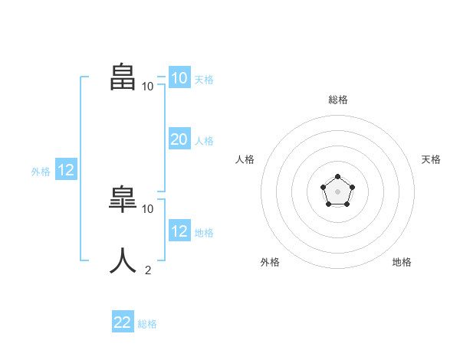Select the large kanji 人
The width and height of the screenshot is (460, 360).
(x=123, y=260)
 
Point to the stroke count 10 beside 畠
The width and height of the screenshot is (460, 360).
(x=147, y=87)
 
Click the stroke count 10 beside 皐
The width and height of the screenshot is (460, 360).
(x=148, y=208)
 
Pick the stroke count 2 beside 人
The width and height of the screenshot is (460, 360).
(x=148, y=270)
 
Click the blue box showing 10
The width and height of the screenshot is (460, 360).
(x=179, y=78)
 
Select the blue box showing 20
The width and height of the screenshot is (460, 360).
(x=179, y=139)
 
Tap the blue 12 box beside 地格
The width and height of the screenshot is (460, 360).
(x=179, y=231)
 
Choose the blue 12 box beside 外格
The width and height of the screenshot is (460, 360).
(x=66, y=170)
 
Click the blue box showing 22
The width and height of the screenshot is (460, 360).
(x=123, y=322)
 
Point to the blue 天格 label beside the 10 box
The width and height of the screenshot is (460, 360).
(x=204, y=80)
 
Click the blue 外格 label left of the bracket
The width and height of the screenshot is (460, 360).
(x=41, y=172)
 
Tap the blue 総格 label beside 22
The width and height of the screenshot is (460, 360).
(x=147, y=324)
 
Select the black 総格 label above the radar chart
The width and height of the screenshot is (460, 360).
(x=337, y=100)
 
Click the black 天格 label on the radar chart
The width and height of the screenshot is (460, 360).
(x=431, y=159)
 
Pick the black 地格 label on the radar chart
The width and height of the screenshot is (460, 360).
(x=402, y=262)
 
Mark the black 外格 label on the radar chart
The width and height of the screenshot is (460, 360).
(x=270, y=262)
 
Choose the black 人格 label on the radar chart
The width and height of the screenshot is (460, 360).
(x=245, y=159)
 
